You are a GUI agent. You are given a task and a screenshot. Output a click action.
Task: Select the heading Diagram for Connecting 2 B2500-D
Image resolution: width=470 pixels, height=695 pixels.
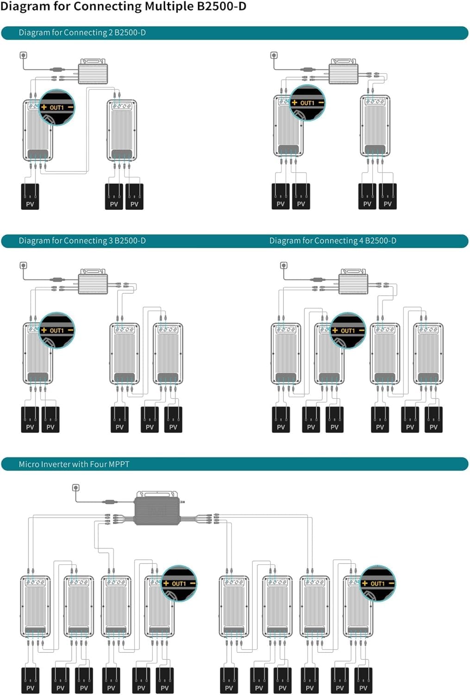point(82,32)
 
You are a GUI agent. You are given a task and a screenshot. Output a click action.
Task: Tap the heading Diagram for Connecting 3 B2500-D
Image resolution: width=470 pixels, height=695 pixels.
point(82,241)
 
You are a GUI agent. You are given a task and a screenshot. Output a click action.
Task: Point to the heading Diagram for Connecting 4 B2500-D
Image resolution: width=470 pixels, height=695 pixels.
point(332,241)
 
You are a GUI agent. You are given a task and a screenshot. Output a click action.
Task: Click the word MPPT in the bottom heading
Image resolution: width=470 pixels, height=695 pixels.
point(119,464)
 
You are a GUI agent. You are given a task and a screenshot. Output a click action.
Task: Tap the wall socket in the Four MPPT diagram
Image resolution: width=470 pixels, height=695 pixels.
point(75,488)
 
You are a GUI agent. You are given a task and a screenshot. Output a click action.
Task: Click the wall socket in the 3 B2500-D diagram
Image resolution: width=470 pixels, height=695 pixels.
point(23,265)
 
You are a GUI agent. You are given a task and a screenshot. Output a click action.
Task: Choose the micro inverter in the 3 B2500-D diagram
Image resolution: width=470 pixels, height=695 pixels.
point(93,281)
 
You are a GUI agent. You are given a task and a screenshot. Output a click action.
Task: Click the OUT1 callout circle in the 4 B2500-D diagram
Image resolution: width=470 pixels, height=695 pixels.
point(348,330)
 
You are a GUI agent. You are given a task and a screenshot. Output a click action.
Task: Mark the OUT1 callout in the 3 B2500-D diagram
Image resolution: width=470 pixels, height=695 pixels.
point(56,330)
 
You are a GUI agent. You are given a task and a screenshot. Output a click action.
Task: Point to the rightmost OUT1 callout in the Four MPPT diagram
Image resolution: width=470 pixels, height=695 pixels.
point(377,583)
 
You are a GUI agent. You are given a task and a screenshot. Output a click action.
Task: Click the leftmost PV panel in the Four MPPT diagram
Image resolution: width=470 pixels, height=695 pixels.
point(31,681)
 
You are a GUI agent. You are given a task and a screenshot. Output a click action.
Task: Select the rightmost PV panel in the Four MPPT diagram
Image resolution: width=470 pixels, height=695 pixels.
point(363,681)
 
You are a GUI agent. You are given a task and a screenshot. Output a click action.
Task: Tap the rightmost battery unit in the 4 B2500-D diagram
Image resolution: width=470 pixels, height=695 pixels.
point(428,354)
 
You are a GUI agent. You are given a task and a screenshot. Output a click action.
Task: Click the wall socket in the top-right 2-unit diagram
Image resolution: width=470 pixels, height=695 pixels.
point(274,56)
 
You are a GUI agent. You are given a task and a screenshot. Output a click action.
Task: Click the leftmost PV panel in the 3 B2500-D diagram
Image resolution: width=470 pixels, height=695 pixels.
point(30,419)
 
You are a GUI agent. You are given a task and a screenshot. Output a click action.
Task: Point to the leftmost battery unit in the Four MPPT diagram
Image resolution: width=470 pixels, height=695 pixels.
point(35,607)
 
